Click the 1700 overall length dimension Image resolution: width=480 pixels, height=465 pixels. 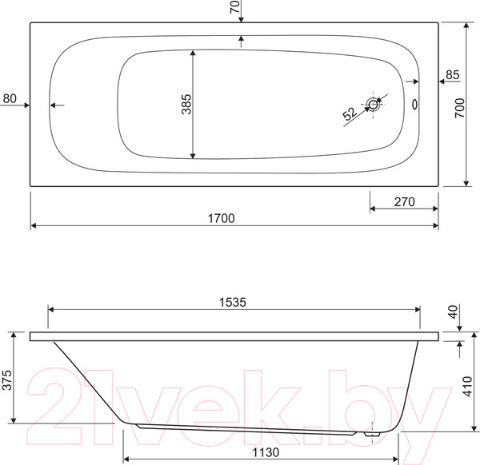tap(221, 218)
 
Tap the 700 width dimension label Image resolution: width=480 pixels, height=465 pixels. tap(459, 108)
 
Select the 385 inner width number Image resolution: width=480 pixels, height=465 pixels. tap(186, 104)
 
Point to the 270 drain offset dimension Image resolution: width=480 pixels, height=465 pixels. tap(404, 202)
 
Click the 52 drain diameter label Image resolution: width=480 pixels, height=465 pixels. tap(350, 113)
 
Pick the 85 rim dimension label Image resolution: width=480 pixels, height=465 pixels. tap(453, 74)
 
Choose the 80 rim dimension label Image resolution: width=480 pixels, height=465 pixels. tap(10, 98)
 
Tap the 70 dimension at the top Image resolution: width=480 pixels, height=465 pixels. tap(234, 6)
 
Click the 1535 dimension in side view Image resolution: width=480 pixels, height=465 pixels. tap(233, 302)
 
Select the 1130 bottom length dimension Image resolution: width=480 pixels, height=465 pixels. tap(266, 452)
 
